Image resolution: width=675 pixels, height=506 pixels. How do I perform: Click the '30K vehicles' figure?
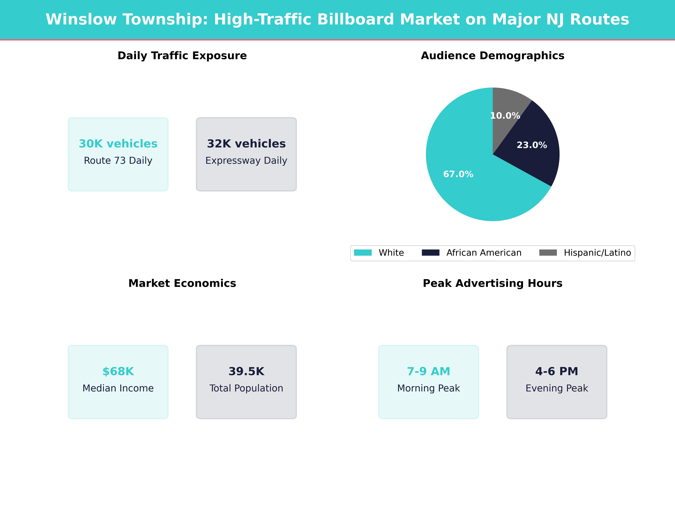(x=118, y=144)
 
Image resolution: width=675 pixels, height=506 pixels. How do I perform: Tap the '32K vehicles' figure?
(x=246, y=144)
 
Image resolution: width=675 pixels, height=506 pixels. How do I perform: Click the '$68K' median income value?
(x=118, y=371)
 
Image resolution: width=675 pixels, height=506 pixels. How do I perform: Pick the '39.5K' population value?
(x=246, y=371)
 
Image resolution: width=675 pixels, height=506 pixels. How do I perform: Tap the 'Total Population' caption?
(x=246, y=388)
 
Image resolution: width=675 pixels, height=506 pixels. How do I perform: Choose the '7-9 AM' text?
(x=428, y=371)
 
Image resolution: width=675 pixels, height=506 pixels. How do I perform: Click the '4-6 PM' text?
(x=557, y=371)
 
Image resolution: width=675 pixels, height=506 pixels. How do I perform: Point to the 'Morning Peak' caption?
(x=428, y=388)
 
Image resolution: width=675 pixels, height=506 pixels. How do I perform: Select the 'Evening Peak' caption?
(x=557, y=388)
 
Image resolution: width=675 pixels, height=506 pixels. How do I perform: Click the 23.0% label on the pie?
(x=532, y=145)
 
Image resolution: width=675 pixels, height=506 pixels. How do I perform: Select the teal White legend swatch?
(x=363, y=253)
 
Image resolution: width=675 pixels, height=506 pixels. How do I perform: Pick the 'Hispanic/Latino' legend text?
(x=597, y=253)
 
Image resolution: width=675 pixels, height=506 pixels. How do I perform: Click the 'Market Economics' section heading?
(x=182, y=283)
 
